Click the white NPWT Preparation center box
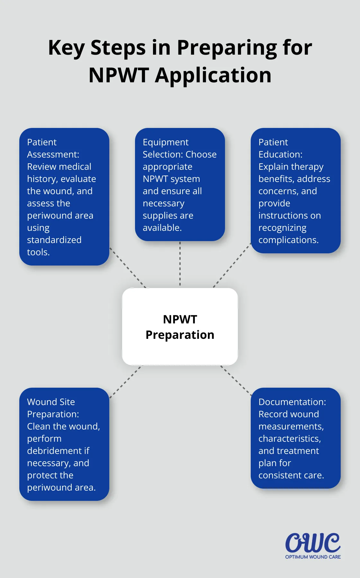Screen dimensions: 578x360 [180, 327]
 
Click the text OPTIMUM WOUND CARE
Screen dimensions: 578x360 [313, 557]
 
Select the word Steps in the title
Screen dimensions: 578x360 [118, 48]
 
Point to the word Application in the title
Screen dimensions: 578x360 [213, 75]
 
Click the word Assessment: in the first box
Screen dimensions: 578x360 [53, 155]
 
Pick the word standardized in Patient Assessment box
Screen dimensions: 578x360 [54, 240]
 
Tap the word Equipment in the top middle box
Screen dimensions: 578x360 [166, 142]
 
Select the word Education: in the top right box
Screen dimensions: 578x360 [280, 155]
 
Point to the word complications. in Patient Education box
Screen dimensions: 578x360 [288, 240]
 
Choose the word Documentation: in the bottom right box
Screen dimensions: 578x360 [292, 402]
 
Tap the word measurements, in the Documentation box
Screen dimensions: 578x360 [291, 427]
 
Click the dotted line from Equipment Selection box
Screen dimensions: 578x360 [180, 264]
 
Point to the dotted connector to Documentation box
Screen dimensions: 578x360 [236, 381]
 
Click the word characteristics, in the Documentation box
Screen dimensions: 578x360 [290, 439]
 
